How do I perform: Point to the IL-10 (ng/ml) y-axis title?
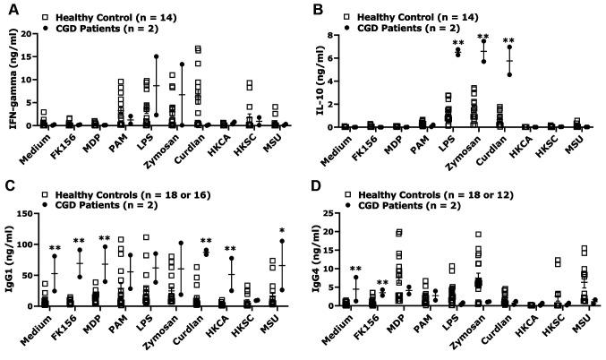(324, 81)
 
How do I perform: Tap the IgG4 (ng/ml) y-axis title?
(324, 260)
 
